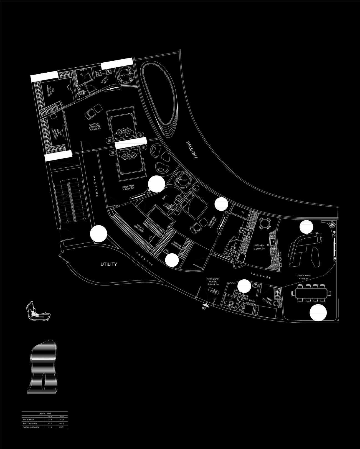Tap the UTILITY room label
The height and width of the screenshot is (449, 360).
point(108,264)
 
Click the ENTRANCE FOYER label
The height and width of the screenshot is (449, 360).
point(213,282)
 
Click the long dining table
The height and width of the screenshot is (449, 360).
point(311,293)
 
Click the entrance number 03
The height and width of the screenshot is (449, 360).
point(204,308)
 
